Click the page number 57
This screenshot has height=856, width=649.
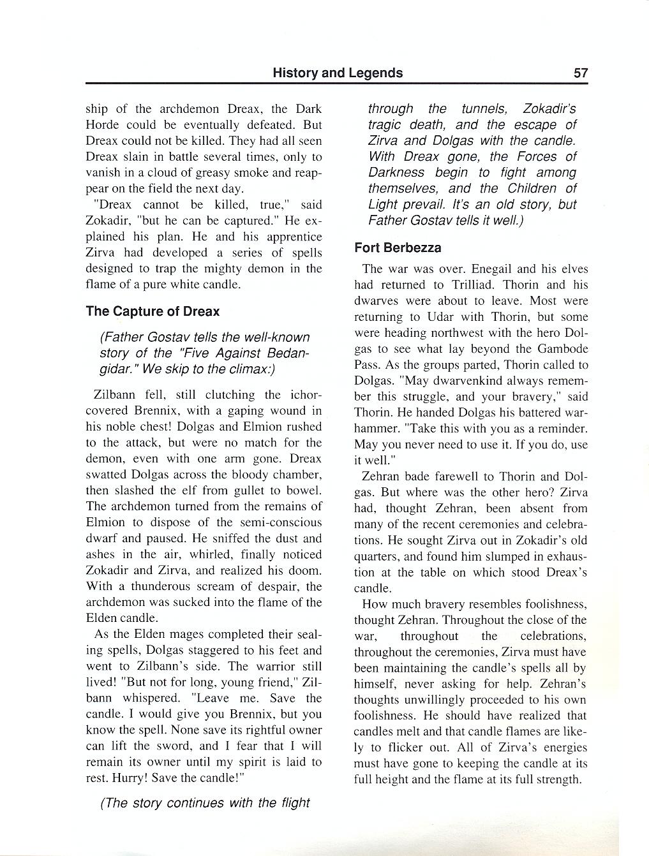point(580,73)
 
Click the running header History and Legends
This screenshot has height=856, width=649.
point(337,73)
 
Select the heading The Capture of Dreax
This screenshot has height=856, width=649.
point(153,311)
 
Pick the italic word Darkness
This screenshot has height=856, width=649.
point(396,173)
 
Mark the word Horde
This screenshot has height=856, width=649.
point(103,125)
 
